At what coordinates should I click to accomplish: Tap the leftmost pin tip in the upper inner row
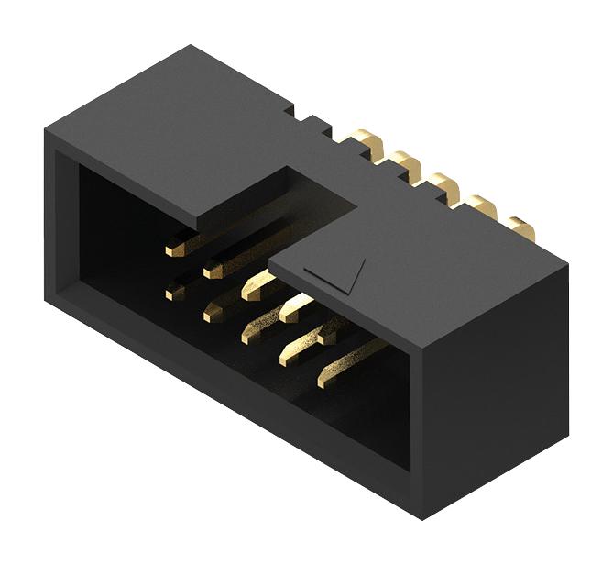(173, 248)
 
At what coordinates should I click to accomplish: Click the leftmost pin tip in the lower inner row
(173, 294)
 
